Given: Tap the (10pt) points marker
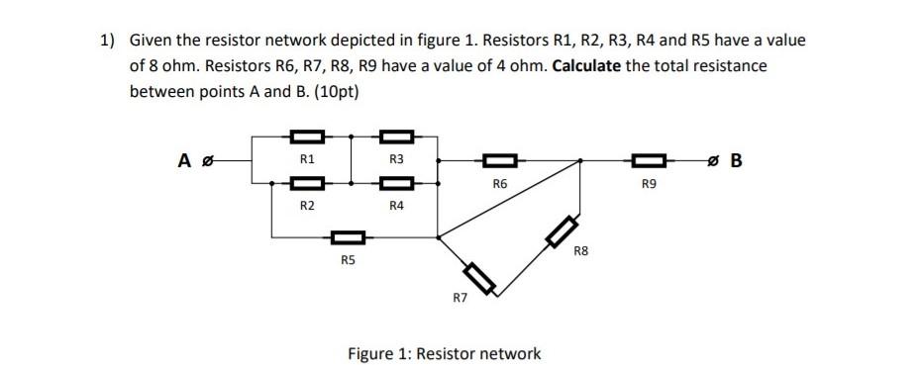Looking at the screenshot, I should (x=334, y=91).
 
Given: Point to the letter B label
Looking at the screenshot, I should (x=735, y=158).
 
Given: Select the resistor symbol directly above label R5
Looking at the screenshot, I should (x=348, y=237).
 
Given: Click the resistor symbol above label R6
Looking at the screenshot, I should (x=499, y=158).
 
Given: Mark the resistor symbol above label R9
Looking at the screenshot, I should (x=648, y=158).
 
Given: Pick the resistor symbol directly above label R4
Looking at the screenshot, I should (x=395, y=182).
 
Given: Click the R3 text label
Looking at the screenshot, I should (x=396, y=158).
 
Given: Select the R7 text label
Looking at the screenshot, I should (x=460, y=297).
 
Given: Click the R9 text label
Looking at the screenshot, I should (x=648, y=183).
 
